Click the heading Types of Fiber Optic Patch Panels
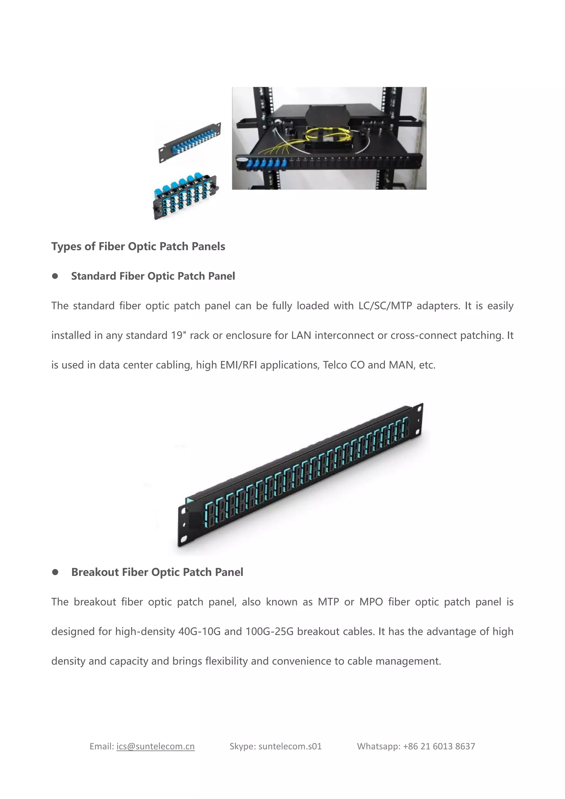138,246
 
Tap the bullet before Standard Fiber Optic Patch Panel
55,276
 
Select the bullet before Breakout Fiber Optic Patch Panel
55,572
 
